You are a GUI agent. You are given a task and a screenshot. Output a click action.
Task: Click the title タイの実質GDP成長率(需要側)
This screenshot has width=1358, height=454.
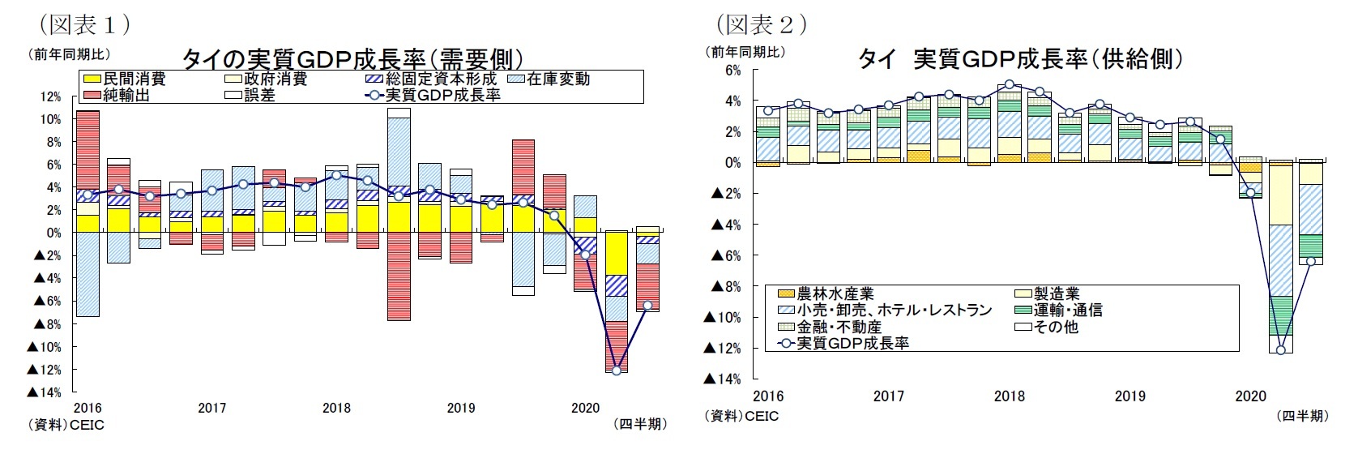tap(350, 58)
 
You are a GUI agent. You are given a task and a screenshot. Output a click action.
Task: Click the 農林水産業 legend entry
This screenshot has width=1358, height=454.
tap(825, 293)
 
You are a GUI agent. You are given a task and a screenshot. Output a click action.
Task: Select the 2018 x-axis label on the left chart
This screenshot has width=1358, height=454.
tap(336, 408)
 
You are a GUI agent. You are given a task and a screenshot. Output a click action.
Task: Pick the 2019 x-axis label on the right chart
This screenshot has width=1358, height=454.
tap(1130, 396)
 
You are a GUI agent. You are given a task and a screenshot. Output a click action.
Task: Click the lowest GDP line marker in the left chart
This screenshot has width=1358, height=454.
tap(617, 370)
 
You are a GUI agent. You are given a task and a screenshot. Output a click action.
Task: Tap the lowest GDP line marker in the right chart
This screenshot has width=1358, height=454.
tap(1281, 350)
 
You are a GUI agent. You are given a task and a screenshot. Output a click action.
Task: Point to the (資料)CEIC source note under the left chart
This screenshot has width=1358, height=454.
tap(66, 424)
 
